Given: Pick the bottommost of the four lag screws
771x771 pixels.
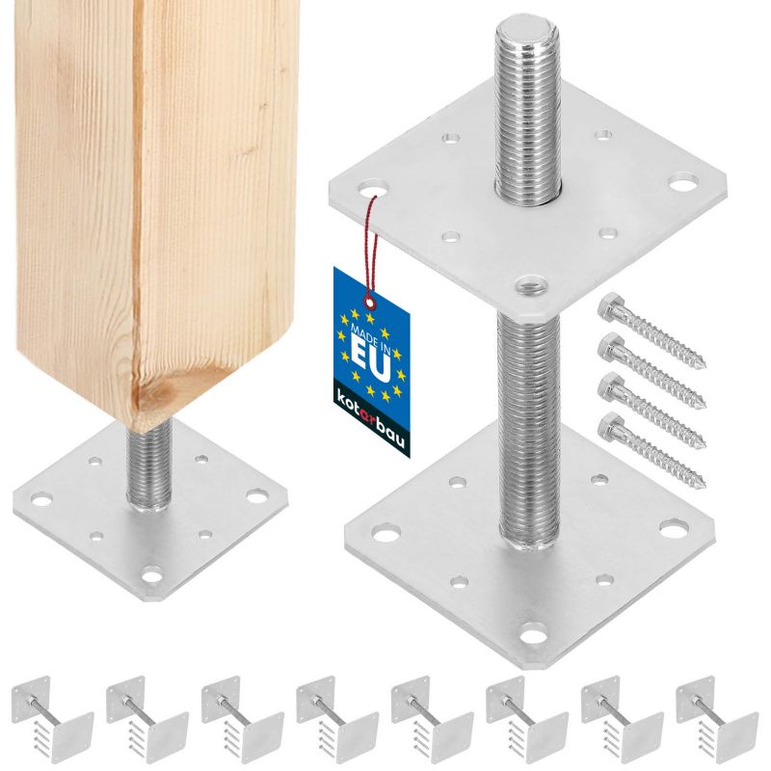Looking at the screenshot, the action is point(651,450).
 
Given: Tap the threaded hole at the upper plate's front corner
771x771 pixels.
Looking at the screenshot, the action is point(531,284).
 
